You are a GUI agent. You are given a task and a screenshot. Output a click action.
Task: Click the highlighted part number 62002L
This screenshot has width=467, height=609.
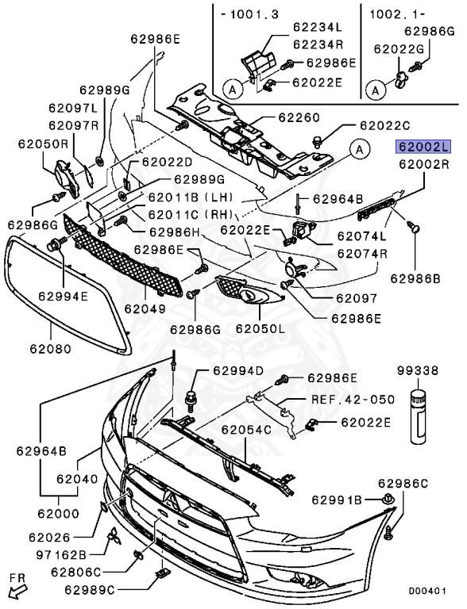tap(424, 147)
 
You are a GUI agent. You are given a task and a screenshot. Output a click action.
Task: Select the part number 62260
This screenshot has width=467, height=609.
tap(298, 118)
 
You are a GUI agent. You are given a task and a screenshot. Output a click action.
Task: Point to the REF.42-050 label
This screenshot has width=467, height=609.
tap(352, 400)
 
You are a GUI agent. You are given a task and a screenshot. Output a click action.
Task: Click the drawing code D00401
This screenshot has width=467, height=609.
tap(428, 591)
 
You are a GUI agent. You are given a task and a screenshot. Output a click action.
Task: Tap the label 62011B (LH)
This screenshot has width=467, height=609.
tap(183, 197)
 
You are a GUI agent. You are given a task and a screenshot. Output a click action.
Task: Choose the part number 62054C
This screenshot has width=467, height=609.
tap(246, 429)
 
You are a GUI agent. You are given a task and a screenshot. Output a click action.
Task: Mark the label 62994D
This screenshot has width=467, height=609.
tap(237, 370)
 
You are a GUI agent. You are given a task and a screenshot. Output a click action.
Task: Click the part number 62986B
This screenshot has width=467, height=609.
tap(415, 278)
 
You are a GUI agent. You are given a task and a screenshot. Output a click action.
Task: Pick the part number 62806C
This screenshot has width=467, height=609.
tap(76, 571)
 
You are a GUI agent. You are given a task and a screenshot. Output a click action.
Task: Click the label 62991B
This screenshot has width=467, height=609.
tap(337, 500)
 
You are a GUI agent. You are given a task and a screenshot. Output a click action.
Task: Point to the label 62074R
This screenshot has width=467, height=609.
tap(362, 254)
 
